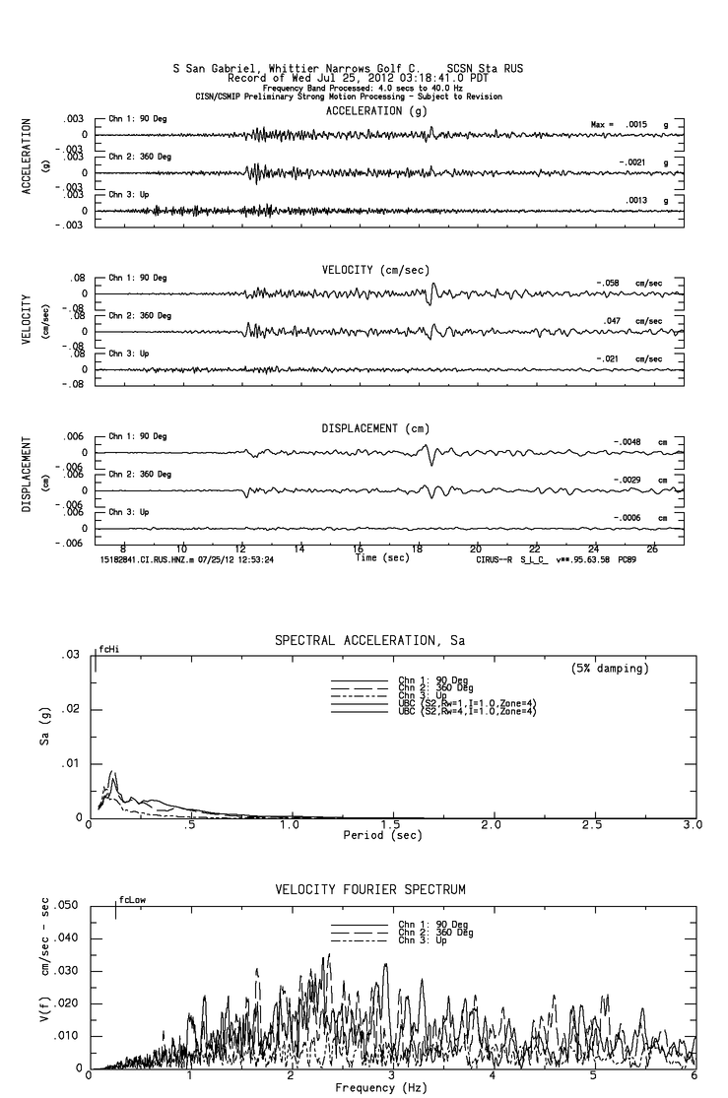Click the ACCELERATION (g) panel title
377,111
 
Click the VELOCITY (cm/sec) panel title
375,270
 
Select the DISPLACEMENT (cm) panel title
375,428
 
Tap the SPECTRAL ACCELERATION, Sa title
369,641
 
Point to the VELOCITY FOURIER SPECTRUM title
369,889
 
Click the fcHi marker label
107,651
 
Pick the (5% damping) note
610,668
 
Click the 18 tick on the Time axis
417,549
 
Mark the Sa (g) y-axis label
43,738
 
